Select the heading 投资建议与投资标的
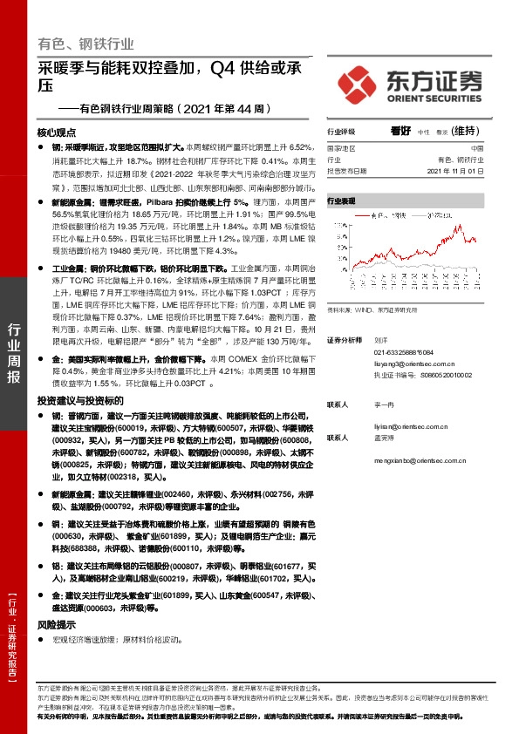click(76, 399)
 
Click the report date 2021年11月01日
click(456, 170)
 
